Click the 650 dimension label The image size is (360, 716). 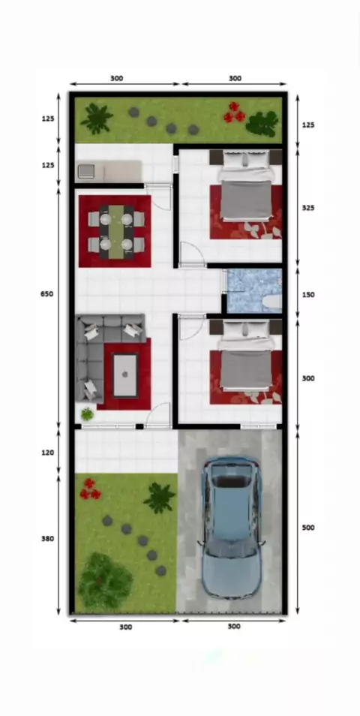tap(46, 294)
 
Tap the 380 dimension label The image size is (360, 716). tap(47, 539)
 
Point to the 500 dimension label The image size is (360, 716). tap(308, 528)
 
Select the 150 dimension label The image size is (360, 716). tap(308, 294)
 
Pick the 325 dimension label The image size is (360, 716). tap(308, 208)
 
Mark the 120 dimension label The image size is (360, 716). tap(47, 453)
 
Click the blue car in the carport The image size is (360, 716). tap(232, 528)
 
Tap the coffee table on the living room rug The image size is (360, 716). tap(125, 375)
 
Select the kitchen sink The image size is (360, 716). tap(85, 171)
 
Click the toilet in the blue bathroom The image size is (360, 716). tap(273, 302)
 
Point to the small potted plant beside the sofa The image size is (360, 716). tap(87, 414)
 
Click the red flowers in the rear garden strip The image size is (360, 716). tap(234, 113)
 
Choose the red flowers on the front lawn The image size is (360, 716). tap(90, 489)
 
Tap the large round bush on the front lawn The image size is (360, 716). tap(105, 580)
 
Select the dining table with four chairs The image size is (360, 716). tap(116, 232)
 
